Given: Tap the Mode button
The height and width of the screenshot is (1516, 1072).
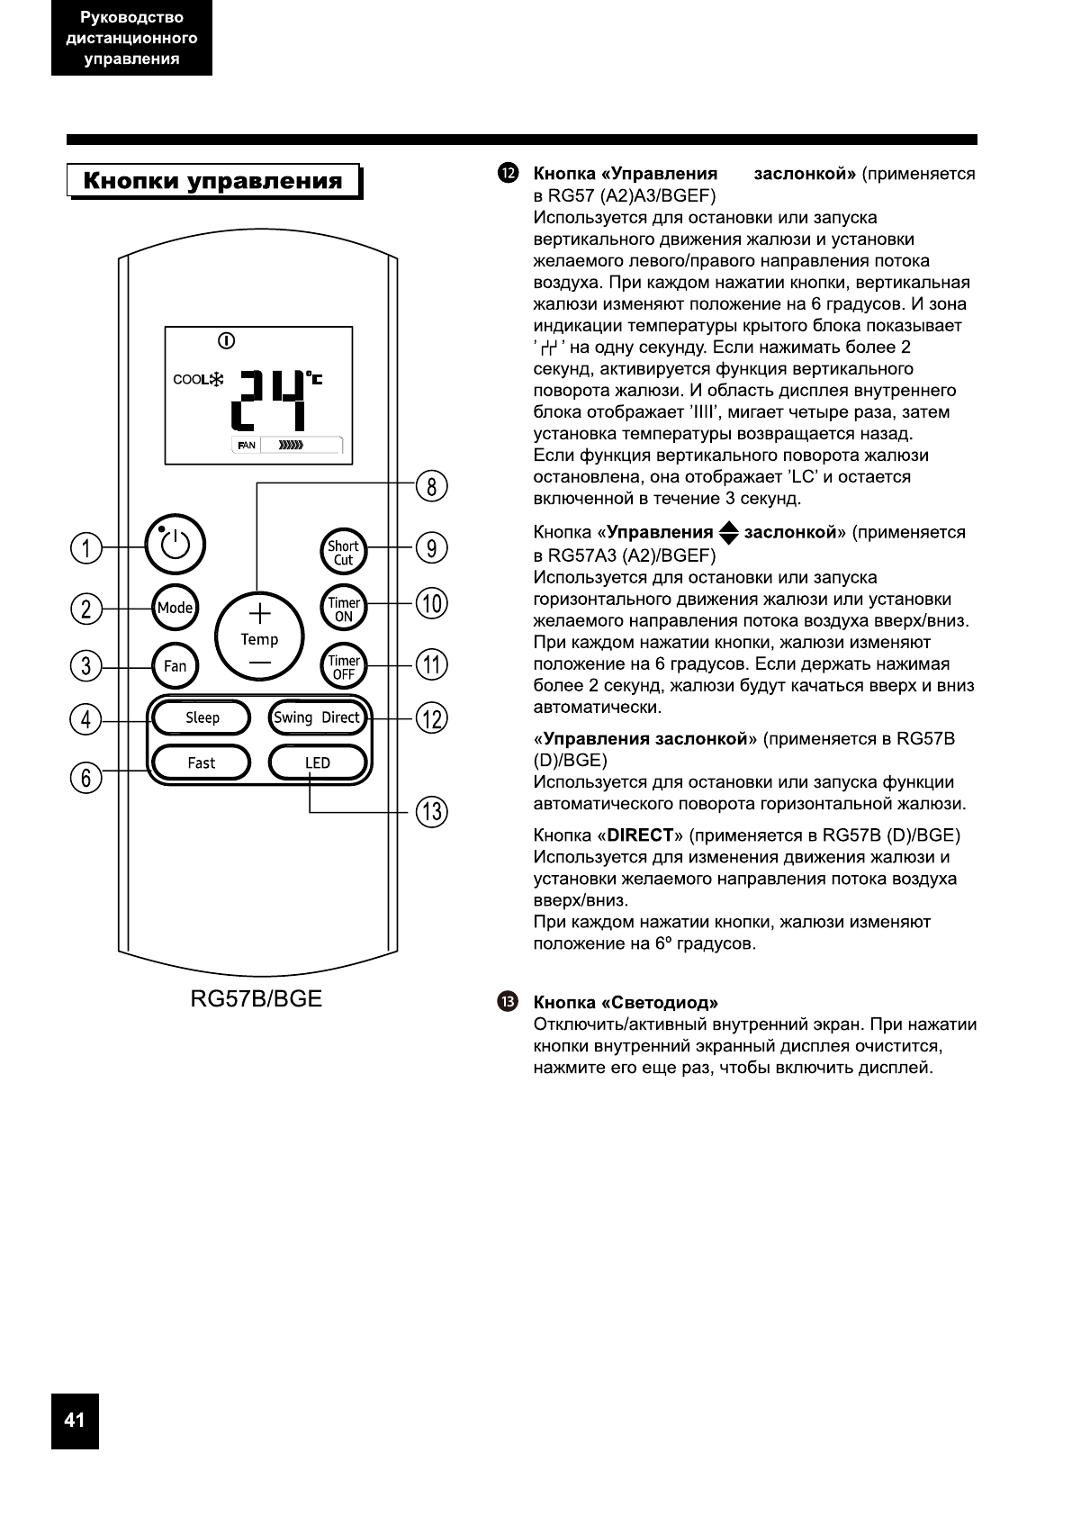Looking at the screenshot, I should tap(175, 608).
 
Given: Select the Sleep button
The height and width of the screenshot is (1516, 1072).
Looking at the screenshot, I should tap(202, 717).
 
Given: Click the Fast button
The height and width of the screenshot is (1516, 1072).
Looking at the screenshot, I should tap(202, 763).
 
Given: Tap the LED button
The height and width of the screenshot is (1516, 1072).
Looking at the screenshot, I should tap(318, 763).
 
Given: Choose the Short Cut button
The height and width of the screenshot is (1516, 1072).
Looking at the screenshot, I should tap(343, 552).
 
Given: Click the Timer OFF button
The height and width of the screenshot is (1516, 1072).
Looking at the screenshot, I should tap(344, 667).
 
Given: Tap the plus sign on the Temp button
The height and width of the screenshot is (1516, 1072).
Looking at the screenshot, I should tap(259, 614).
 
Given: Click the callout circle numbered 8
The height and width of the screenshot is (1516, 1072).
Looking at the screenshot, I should tap(432, 487).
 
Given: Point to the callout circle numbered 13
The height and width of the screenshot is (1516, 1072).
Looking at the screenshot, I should tap(432, 812).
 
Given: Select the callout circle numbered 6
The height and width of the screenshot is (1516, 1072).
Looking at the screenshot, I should tap(86, 777).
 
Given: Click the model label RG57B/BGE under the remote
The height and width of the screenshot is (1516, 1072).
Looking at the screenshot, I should tap(256, 999).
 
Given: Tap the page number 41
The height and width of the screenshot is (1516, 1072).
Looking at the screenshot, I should tap(75, 1421).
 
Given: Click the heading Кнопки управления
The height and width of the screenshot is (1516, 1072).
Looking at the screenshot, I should tap(213, 181).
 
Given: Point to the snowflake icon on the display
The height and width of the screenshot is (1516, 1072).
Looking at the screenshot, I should tap(217, 379).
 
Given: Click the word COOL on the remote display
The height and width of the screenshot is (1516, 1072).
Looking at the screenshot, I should tap(190, 379).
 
